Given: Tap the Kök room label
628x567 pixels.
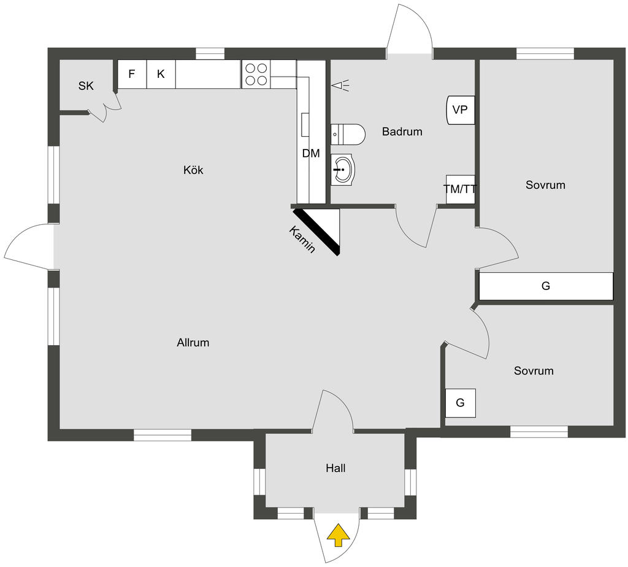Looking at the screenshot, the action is pos(193,170).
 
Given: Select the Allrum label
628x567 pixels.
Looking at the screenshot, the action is pos(193,343).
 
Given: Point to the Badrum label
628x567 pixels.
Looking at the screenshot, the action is pos(402,131).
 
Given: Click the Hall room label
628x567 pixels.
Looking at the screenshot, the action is pos(335,468).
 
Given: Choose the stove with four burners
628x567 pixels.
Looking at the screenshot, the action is pos(256,74).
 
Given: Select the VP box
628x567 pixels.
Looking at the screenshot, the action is pos(460,110).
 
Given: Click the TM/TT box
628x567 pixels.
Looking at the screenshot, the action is pos(461,189).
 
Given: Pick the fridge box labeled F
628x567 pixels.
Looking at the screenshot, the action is pos(132,74).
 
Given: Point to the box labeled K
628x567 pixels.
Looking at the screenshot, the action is pos(161,74).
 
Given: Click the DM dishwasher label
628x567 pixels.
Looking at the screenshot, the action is pos(311,154).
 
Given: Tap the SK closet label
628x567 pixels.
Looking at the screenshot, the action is pos(86,86).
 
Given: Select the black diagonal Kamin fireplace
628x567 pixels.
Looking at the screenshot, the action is pos(317,232).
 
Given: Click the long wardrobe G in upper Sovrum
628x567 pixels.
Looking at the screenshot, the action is pos(546,286).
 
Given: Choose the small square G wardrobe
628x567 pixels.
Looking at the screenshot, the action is pos(460,403).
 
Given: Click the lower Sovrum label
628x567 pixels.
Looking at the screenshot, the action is pos(534,371).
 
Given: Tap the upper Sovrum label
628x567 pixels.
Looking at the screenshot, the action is pos(545,185).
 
